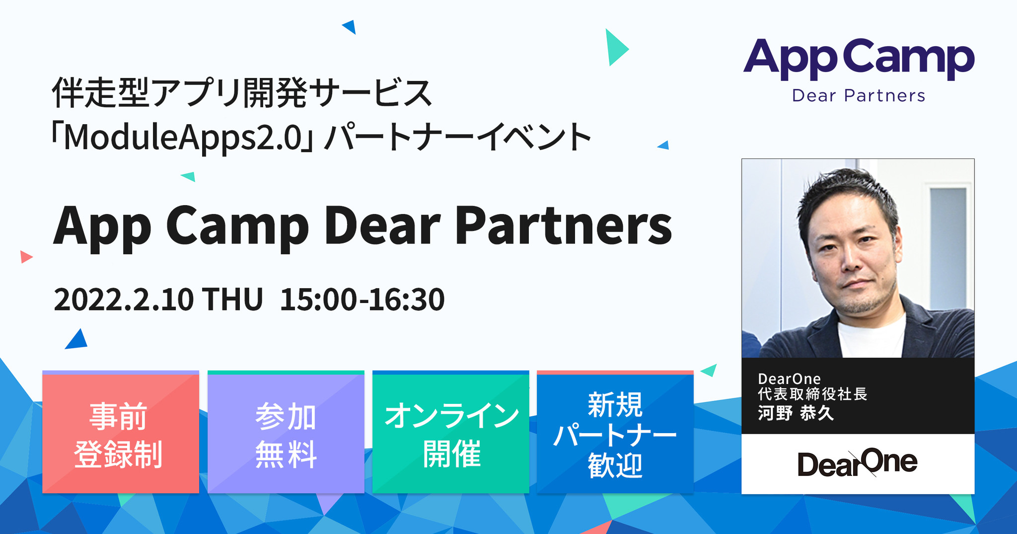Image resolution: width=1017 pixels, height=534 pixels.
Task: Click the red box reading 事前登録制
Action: (x=120, y=433)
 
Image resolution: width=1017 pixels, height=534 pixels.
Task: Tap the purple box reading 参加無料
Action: (x=286, y=433)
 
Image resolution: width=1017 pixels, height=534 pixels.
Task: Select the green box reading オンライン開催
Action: (x=450, y=433)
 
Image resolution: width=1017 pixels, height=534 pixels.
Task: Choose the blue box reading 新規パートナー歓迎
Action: (x=615, y=433)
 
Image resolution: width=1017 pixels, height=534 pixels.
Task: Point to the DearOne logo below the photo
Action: (x=858, y=463)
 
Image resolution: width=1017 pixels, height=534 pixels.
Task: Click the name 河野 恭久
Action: (x=796, y=413)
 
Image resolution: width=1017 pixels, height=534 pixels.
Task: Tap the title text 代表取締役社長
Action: (x=812, y=394)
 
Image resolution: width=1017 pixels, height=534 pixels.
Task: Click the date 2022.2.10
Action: (x=123, y=300)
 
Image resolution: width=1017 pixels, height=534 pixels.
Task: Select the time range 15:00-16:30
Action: (x=362, y=300)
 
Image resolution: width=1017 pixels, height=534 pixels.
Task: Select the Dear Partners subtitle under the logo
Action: (x=858, y=95)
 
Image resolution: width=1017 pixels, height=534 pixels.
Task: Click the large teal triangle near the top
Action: (x=615, y=48)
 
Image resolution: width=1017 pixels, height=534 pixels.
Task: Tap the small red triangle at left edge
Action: (x=25, y=257)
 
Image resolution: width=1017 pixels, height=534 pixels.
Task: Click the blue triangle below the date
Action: (x=77, y=340)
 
